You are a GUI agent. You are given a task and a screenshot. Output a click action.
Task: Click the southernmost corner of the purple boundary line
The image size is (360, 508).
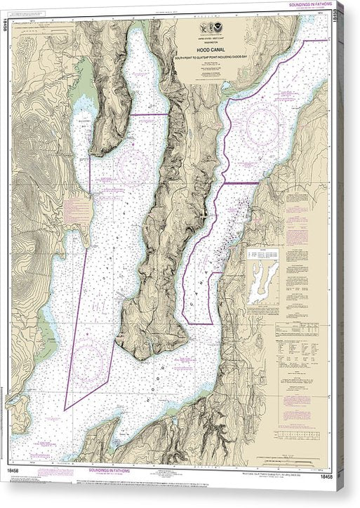[65, 409]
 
